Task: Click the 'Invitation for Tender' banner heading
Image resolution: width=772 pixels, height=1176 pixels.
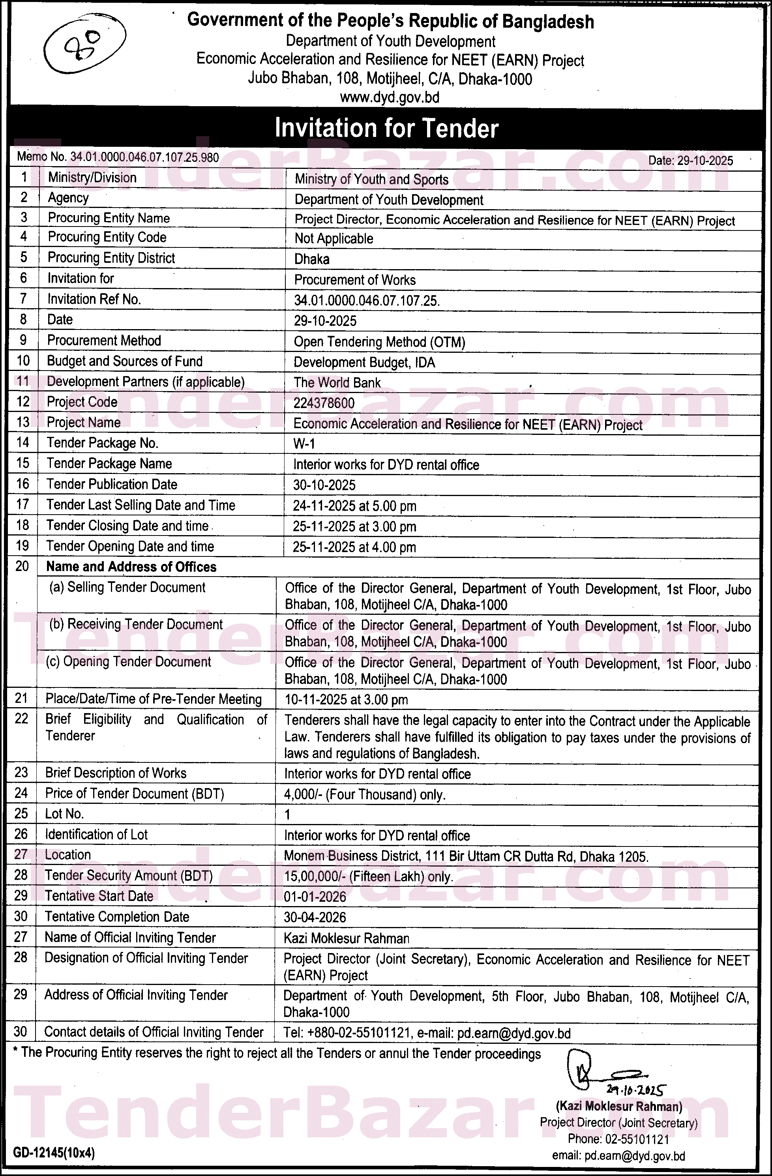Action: tap(386, 128)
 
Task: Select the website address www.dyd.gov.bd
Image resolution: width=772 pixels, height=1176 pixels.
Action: tap(390, 97)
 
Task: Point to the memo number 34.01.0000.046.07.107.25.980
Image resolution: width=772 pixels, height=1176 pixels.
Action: tap(144, 157)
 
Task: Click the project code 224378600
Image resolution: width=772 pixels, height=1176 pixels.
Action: tap(324, 403)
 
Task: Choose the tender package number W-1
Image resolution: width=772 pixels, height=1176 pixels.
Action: tap(304, 444)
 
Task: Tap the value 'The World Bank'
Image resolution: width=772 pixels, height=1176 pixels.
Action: tap(337, 383)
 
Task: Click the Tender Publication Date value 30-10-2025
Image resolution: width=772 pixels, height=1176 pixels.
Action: tap(324, 485)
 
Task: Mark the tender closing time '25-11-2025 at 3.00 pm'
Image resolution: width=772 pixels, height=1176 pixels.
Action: tap(354, 527)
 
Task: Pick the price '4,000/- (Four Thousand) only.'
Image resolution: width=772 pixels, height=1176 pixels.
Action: tap(364, 794)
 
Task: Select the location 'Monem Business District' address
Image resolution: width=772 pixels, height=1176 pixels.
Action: tap(466, 856)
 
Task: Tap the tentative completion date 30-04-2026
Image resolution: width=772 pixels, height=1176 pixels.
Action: tap(314, 918)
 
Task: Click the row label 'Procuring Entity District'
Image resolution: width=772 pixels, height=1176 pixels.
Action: tap(111, 258)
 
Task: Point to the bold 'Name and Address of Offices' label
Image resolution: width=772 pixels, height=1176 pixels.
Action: tap(131, 567)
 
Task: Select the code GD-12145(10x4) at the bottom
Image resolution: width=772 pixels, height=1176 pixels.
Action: tap(54, 1153)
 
